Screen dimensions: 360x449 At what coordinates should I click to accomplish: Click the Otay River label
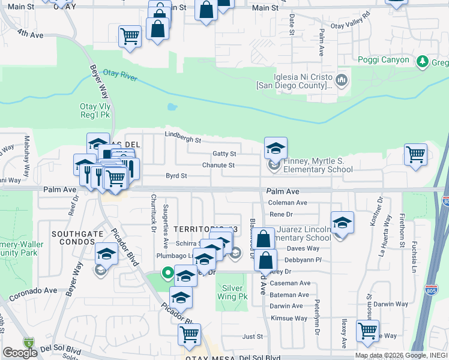(x=119, y=78)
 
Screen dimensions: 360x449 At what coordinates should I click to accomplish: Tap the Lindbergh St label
(x=183, y=137)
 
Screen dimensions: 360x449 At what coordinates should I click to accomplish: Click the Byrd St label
(x=176, y=176)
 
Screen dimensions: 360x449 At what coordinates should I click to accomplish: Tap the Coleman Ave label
(x=288, y=203)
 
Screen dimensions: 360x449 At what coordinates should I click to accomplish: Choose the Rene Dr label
(x=280, y=214)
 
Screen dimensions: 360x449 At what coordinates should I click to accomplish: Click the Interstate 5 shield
(x=28, y=343)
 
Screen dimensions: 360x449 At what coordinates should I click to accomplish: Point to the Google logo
(x=20, y=352)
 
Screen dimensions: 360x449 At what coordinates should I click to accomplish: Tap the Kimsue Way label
(x=288, y=318)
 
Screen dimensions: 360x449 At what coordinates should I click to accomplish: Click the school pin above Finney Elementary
(x=276, y=148)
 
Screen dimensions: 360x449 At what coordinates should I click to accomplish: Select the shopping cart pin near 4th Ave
(x=130, y=36)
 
